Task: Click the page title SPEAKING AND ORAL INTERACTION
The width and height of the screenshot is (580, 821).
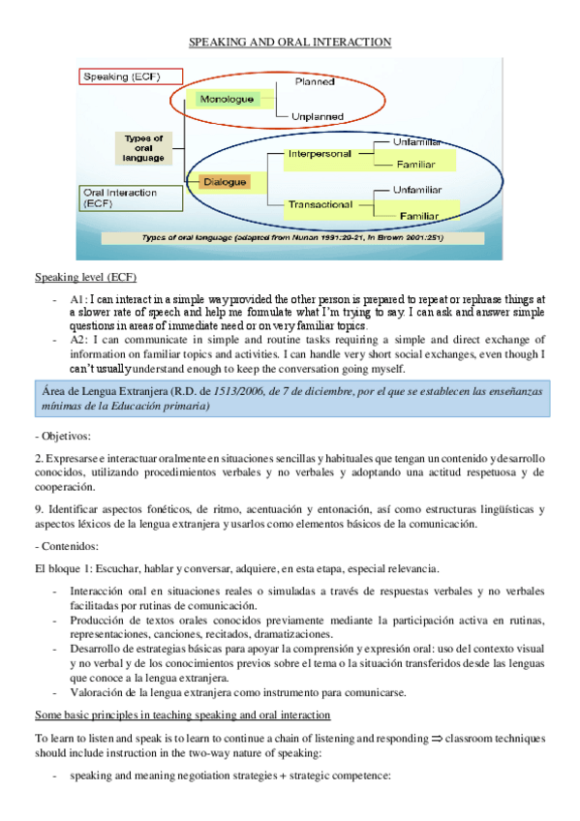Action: pos(289,42)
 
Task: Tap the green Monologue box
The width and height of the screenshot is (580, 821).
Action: pos(227,99)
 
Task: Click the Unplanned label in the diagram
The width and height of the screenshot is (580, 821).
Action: pos(317,116)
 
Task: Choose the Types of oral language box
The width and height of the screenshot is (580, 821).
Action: pos(143,148)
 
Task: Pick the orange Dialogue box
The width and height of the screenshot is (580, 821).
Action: pos(225,181)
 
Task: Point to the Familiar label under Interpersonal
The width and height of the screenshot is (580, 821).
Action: pos(416,165)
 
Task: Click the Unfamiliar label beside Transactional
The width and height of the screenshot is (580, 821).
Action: pos(417,190)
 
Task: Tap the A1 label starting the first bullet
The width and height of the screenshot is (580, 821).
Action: pos(78,300)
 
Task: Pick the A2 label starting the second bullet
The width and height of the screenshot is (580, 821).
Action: pos(79,340)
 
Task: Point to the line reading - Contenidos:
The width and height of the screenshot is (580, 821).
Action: pos(67,546)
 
